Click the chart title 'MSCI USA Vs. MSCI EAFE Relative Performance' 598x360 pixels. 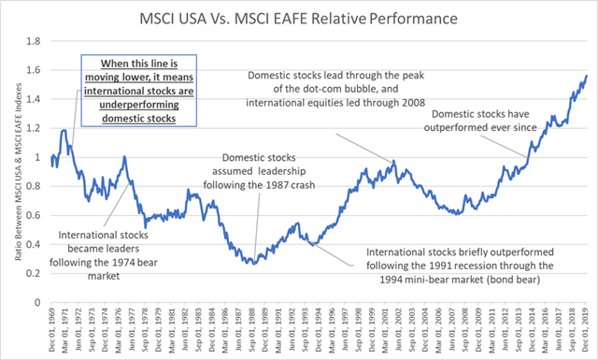300,18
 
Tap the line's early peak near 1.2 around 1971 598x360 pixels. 64,130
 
